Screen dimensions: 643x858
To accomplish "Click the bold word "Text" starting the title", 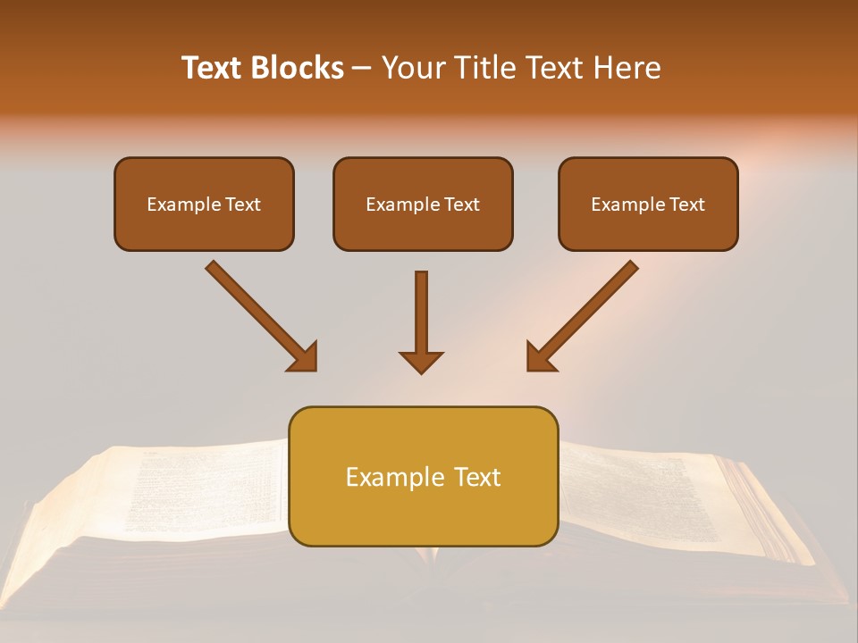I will (x=213, y=68).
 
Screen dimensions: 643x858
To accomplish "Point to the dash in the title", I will (x=362, y=69).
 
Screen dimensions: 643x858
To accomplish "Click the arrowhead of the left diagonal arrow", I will (x=304, y=357).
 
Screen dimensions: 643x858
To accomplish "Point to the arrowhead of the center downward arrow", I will (x=421, y=361).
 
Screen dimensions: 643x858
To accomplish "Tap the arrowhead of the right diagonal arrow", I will (x=540, y=357).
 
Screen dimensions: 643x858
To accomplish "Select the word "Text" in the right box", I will (x=686, y=205).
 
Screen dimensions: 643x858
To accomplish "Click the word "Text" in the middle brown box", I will (x=461, y=205).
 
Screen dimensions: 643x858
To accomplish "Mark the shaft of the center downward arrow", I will (x=421, y=308).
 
